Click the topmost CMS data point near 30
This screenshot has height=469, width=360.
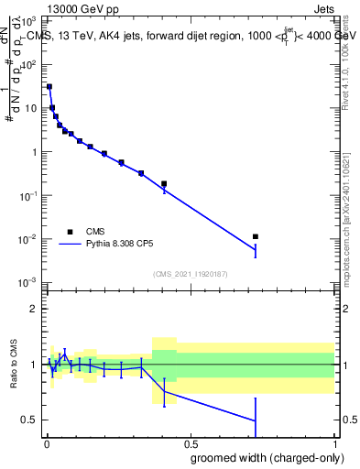pyautogui.click(x=49, y=86)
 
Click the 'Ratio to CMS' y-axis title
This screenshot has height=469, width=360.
pyautogui.click(x=16, y=365)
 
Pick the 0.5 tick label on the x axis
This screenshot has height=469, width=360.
pyautogui.click(x=189, y=445)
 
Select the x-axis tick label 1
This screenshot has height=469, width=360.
pyautogui.click(x=333, y=445)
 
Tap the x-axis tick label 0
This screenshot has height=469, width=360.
pyautogui.click(x=45, y=445)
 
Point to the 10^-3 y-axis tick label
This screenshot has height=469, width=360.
pyautogui.click(x=28, y=282)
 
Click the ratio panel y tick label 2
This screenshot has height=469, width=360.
pyautogui.click(x=34, y=309)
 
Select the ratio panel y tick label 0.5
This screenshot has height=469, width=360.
pyautogui.click(x=30, y=420)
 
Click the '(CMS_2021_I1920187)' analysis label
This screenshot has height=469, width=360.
pyautogui.click(x=190, y=273)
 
